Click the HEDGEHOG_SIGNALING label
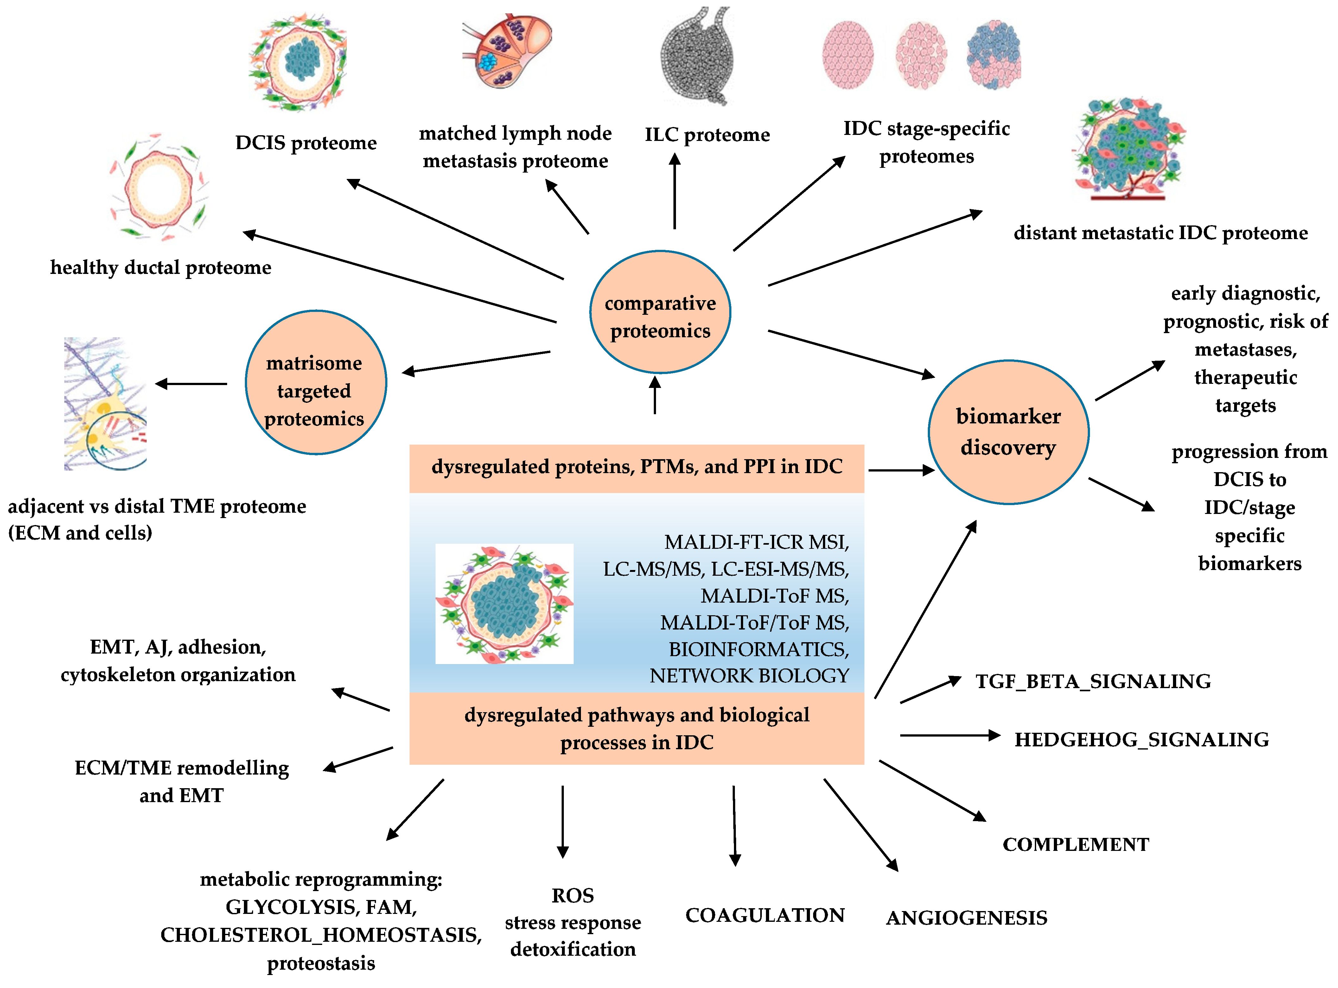[1141, 740]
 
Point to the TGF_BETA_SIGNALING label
[1093, 681]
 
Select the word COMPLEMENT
[1075, 845]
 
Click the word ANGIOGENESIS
[966, 918]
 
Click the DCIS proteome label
[306, 143]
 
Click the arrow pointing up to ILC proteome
[675, 191]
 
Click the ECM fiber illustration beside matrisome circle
[105, 404]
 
